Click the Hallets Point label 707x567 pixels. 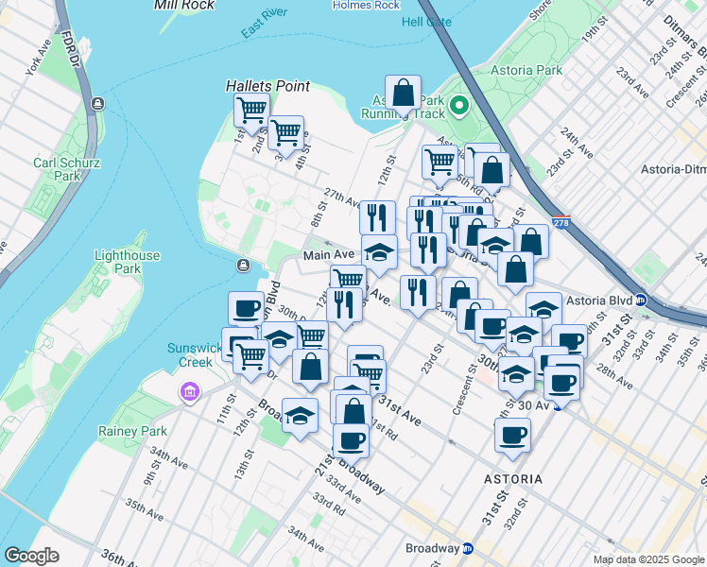[267, 86]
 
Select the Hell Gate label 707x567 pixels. [426, 22]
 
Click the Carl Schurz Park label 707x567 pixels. [57, 169]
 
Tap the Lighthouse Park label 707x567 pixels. [127, 263]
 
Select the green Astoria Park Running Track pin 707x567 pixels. [460, 106]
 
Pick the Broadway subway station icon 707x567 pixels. [468, 548]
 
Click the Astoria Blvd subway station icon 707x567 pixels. [641, 300]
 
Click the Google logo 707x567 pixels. [31, 556]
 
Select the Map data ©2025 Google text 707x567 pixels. [647, 559]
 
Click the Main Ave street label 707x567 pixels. [328, 255]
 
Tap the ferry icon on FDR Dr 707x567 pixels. [97, 103]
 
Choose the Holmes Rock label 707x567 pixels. [367, 5]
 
